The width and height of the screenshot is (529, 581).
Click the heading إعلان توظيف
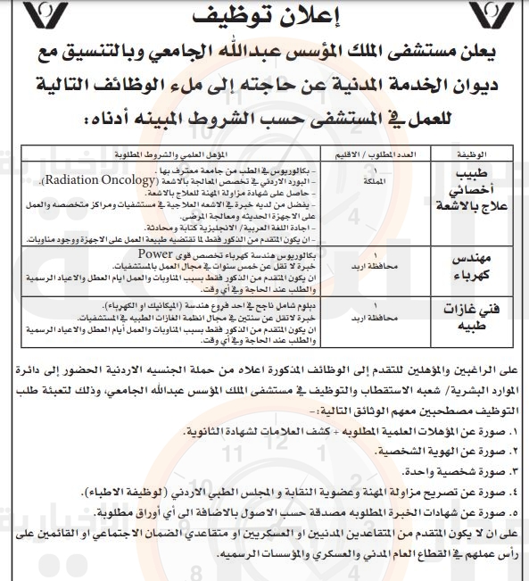[264, 18]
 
